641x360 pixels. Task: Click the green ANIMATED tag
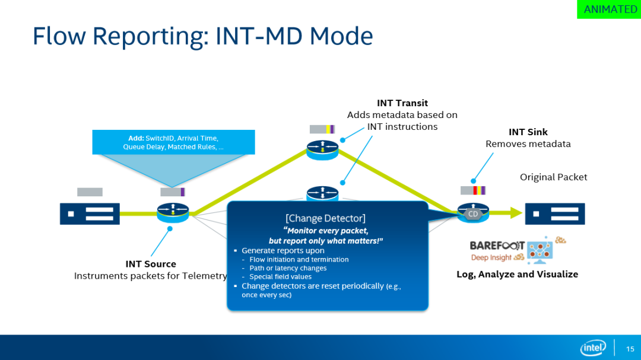tap(610, 9)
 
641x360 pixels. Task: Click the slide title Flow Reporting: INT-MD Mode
tap(202, 36)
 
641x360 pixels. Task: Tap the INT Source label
tap(151, 264)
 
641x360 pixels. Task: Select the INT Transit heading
tap(402, 103)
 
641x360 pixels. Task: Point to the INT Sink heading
tap(528, 132)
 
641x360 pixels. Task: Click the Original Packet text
tap(553, 177)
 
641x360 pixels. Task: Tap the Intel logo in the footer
tap(593, 348)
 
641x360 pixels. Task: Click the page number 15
tap(630, 349)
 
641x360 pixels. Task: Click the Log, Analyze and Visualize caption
tap(517, 274)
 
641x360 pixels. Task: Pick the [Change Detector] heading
tap(326, 218)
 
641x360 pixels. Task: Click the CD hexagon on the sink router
tap(473, 214)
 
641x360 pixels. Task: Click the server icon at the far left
tap(90, 214)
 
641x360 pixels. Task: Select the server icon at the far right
tap(555, 214)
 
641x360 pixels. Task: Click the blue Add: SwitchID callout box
tap(173, 142)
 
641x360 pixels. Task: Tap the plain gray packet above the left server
tap(90, 192)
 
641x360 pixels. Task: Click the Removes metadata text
tap(528, 144)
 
